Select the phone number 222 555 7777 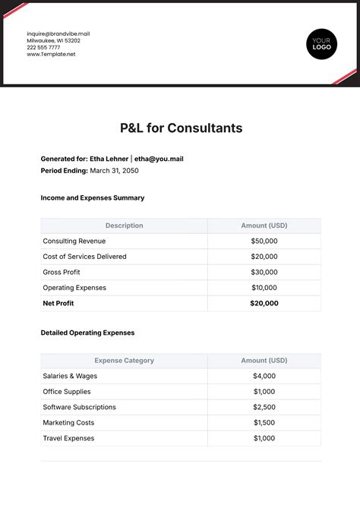(x=43, y=47)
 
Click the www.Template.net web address (x=51, y=54)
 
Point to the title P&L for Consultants (x=182, y=128)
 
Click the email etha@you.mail (x=159, y=159)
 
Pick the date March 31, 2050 (x=114, y=171)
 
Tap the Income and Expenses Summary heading (x=92, y=197)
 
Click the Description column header (x=124, y=226)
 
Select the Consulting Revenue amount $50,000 (x=264, y=241)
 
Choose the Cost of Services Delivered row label (x=85, y=257)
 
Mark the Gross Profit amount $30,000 (x=264, y=272)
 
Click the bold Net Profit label (x=59, y=303)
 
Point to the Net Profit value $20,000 (x=264, y=303)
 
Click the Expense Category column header (x=124, y=361)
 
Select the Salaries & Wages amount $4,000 (x=264, y=376)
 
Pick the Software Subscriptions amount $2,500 (x=264, y=407)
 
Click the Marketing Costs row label (x=69, y=422)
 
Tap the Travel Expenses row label (x=69, y=438)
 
